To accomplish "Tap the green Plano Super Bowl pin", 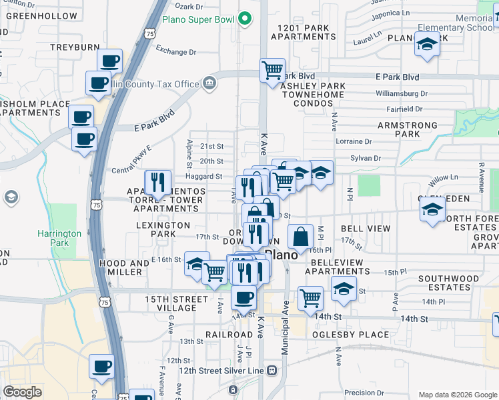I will (x=244, y=18).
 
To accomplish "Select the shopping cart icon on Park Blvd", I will (x=272, y=69).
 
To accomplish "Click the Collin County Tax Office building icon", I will (x=209, y=83).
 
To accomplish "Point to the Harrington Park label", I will (x=59, y=238).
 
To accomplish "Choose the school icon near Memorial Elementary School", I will (x=426, y=45).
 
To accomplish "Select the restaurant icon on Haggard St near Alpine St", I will (x=158, y=181).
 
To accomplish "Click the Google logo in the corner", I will (x=22, y=391).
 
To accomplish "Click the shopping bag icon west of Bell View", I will (x=301, y=236).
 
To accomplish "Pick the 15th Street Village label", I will (x=171, y=303).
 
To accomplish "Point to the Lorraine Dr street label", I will (x=353, y=141).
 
